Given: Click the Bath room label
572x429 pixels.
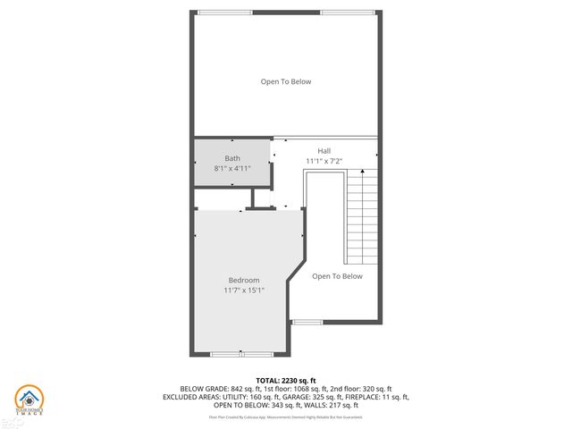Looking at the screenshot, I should point(232,158).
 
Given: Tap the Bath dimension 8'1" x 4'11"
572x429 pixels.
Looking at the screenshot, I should point(232,168).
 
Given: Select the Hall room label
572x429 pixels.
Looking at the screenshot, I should point(324,151).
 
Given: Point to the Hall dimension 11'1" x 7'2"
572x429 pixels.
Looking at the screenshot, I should point(324,161).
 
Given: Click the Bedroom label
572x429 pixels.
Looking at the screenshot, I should point(243,280).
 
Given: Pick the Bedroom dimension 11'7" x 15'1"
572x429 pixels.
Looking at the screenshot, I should point(243,290).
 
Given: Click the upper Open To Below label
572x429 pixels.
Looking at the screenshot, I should point(286,81).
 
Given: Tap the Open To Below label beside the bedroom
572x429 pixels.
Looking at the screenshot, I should point(337,276).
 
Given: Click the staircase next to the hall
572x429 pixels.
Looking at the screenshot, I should point(362,210).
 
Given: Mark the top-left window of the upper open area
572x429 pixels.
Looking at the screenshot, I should point(224,12).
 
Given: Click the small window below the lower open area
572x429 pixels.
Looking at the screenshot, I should point(307,322).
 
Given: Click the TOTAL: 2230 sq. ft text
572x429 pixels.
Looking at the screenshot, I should point(286,380).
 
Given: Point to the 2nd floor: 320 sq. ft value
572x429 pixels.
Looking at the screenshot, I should point(360,389).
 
